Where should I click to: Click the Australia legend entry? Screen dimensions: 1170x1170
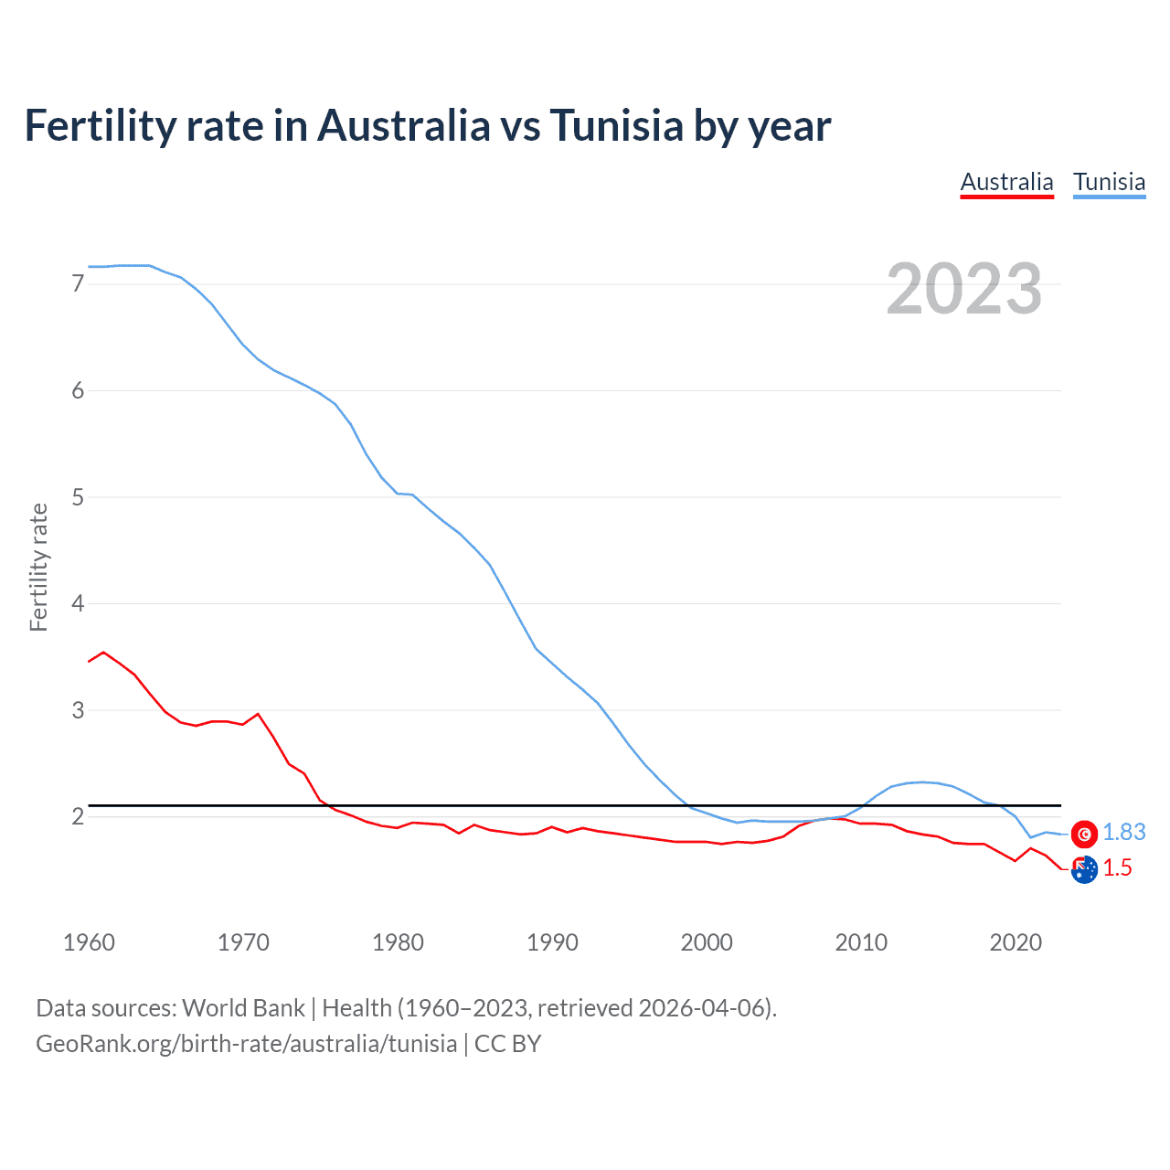(1006, 182)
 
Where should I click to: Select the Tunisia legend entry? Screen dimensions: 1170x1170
(1109, 182)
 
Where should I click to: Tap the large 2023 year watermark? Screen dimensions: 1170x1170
(963, 289)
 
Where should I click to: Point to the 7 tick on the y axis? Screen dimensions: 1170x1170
(78, 284)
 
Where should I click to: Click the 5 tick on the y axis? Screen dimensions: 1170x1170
(78, 497)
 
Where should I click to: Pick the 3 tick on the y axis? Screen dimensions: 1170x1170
(78, 710)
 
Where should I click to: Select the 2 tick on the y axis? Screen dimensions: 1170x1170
(78, 816)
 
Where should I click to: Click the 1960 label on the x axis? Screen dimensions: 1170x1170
(89, 942)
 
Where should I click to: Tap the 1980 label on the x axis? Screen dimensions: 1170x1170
(398, 942)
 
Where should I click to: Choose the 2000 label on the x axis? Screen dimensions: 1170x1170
(707, 942)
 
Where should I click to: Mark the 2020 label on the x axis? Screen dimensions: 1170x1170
(1016, 942)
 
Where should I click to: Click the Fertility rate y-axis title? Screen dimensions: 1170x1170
(38, 567)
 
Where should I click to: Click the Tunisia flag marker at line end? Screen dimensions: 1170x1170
(1084, 834)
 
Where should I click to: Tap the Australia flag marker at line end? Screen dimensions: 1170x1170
(1084, 870)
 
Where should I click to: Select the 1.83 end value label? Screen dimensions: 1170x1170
(1123, 833)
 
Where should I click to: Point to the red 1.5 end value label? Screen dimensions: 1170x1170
(1117, 868)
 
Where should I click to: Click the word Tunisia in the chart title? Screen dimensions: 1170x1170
(616, 126)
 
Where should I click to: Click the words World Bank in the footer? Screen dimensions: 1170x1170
(243, 1008)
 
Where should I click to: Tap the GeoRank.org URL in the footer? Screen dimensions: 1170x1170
(246, 1044)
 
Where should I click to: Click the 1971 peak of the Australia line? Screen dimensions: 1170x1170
(258, 714)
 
